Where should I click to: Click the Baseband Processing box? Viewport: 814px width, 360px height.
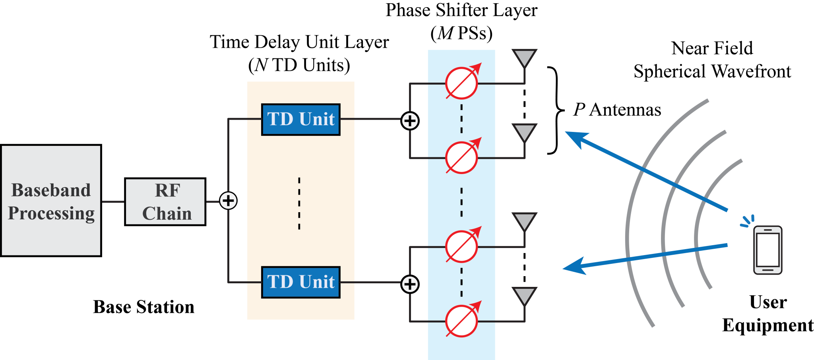(x=51, y=201)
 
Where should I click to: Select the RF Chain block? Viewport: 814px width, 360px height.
(x=165, y=202)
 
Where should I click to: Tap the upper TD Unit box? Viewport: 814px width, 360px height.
(x=301, y=120)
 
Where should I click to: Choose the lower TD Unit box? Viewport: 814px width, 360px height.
(x=301, y=282)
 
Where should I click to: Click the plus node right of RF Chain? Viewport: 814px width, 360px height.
(x=229, y=201)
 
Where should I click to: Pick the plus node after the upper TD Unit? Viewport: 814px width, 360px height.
(x=410, y=121)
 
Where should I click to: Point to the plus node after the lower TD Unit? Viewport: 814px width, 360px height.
(x=410, y=285)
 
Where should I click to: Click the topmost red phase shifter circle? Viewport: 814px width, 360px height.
(x=461, y=83)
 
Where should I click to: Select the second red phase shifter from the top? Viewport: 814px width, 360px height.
(x=461, y=158)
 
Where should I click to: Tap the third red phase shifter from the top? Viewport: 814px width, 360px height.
(x=461, y=247)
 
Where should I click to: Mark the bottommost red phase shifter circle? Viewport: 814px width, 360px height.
(x=461, y=321)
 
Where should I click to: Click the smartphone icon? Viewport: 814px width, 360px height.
(x=768, y=250)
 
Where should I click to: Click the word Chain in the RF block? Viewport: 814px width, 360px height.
(x=167, y=214)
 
